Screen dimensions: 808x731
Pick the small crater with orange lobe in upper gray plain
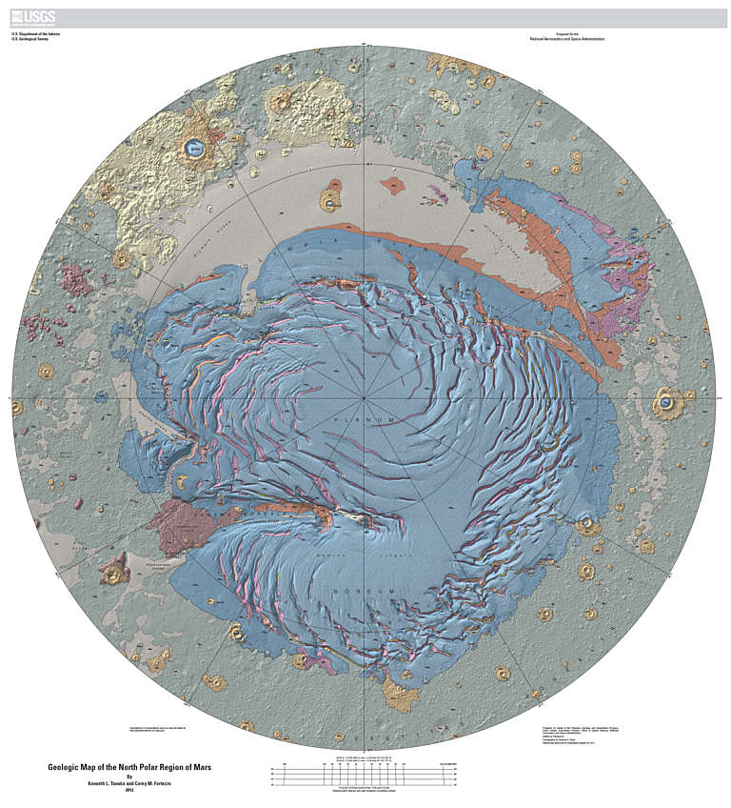tap(330, 201)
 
